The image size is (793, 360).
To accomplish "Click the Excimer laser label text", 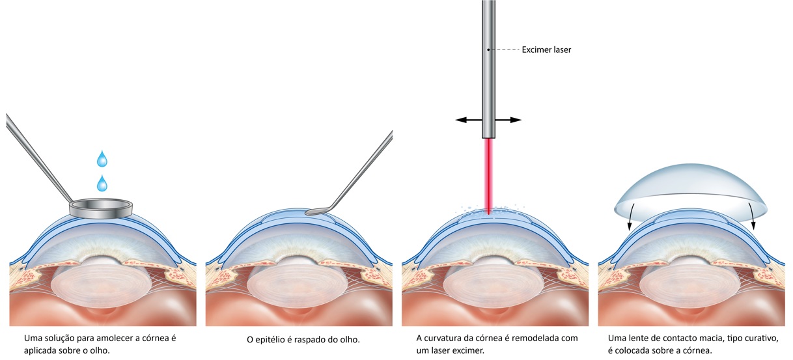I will tap(546, 49).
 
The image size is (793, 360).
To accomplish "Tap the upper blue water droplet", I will tap(102, 159).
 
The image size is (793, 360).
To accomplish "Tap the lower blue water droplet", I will tap(102, 184).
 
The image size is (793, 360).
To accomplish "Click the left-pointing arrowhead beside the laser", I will tap(460, 120).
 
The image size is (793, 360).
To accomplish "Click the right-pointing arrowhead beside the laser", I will tap(517, 120).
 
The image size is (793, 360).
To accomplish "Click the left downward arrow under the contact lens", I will tap(629, 225).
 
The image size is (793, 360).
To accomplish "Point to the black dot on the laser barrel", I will tap(488, 49).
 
